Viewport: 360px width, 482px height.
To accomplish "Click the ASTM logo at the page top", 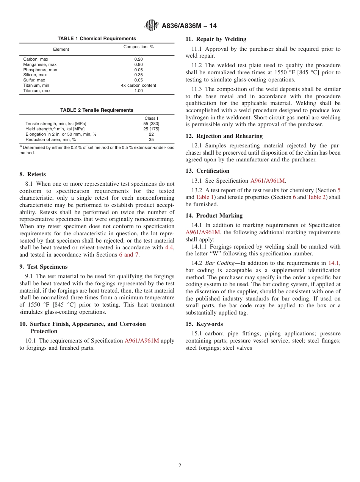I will (x=152, y=26).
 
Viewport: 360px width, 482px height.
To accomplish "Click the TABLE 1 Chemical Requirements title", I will (x=97, y=39).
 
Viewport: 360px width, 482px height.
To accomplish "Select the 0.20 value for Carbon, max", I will (x=138, y=59).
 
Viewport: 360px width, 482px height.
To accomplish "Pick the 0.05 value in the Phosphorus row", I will (x=138, y=70).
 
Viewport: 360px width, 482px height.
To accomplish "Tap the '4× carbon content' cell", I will (x=138, y=86).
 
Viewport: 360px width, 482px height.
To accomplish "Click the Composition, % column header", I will (x=138, y=47).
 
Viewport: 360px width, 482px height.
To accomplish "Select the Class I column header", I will (x=151, y=118).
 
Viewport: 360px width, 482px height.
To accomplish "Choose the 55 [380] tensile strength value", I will (x=151, y=124).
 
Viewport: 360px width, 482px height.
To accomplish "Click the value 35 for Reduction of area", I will (x=151, y=139).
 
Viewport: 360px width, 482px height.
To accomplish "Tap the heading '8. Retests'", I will (x=33, y=174).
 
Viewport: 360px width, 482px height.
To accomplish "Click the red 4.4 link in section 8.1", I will (x=169, y=247).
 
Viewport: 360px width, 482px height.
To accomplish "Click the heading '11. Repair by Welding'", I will (x=216, y=39).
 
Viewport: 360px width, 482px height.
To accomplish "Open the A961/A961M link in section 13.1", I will (x=268, y=181).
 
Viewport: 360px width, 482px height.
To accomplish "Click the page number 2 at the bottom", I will (x=180, y=466).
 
